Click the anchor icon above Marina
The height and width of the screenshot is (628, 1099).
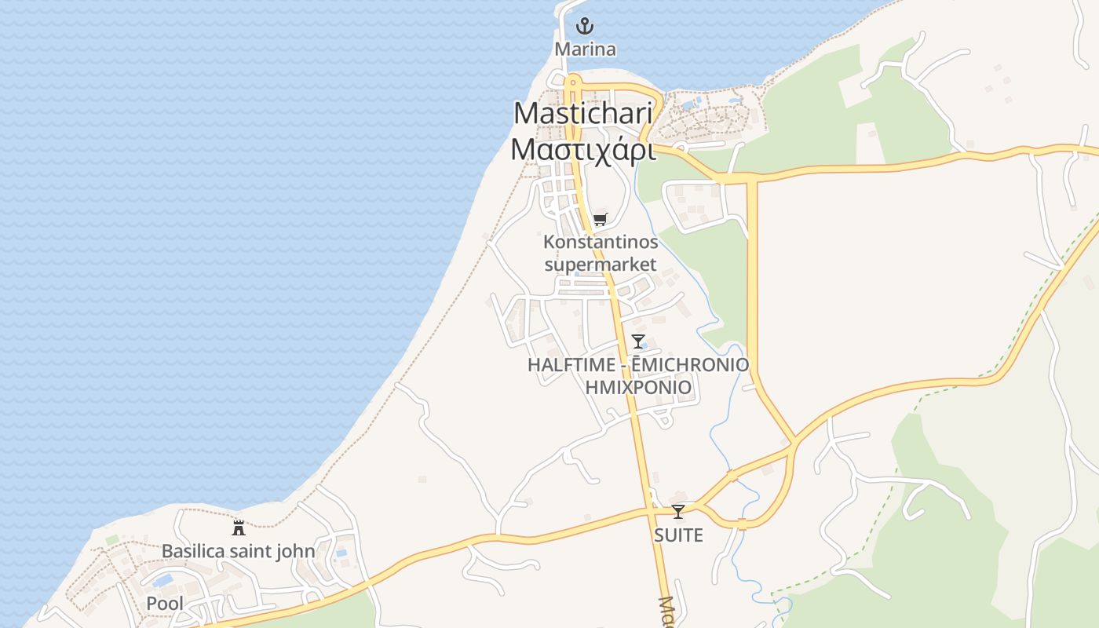tap(584, 27)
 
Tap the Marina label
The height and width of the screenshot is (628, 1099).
tap(585, 49)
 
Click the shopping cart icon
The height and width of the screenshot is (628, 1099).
tap(600, 220)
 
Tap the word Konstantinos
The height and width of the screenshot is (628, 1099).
tap(601, 242)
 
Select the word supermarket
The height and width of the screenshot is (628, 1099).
tap(601, 265)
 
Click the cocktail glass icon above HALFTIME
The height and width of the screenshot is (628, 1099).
tap(637, 341)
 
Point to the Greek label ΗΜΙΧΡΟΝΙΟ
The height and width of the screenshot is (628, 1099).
tap(638, 387)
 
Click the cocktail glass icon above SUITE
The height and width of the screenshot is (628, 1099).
tap(677, 512)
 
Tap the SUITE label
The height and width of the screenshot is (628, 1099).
tap(678, 535)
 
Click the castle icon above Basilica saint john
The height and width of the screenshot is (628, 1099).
tap(238, 528)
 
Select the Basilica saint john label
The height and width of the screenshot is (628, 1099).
tap(238, 551)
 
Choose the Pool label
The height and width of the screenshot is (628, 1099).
tap(165, 604)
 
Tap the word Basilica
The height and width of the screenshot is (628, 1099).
tap(192, 551)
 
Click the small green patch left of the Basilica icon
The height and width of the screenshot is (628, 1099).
tap(112, 539)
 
